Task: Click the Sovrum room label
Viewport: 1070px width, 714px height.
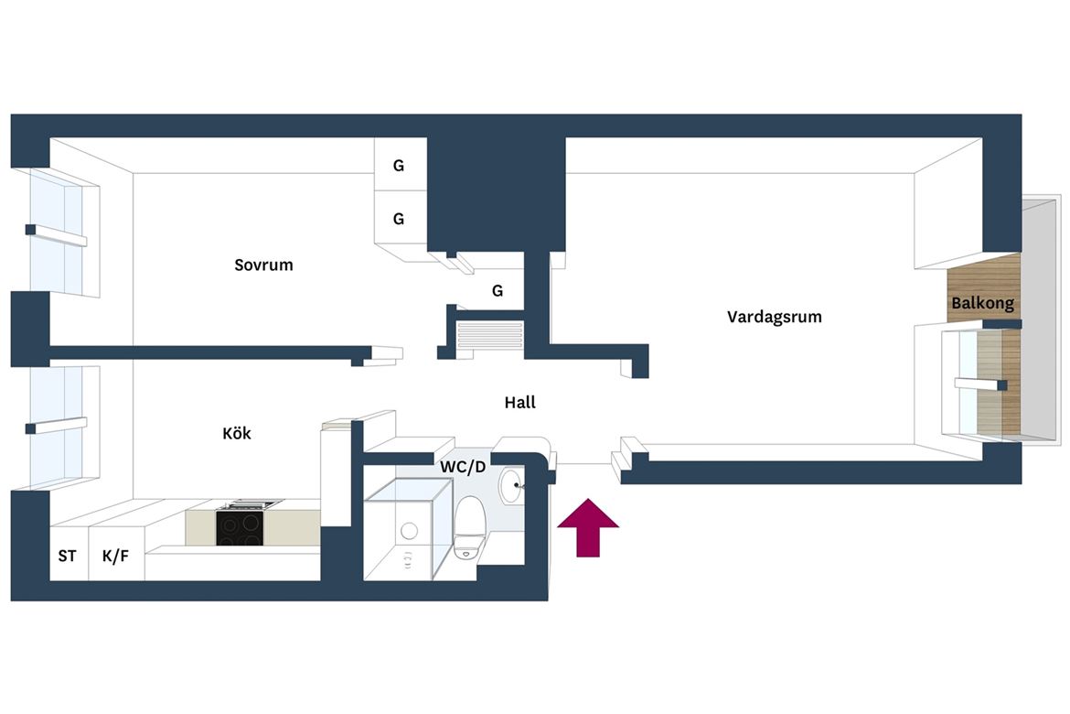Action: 263,265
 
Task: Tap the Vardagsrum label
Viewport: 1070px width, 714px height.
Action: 774,317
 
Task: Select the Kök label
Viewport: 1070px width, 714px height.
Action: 237,433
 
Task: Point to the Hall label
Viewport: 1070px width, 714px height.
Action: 520,403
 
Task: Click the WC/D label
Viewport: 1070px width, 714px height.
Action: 463,468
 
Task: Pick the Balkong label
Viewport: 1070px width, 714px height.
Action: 982,303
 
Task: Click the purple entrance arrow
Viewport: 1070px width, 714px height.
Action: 588,527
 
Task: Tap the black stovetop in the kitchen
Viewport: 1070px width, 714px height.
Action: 240,527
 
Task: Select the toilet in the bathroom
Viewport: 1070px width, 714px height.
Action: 469,527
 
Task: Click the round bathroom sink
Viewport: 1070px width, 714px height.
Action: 512,485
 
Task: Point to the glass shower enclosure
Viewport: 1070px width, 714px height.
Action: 408,529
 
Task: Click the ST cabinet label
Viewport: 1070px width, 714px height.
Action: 67,557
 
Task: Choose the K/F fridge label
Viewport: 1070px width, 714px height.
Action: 115,557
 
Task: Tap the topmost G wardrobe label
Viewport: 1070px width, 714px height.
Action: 399,166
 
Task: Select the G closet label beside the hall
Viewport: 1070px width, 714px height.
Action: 498,291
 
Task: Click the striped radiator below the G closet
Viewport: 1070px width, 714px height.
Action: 490,338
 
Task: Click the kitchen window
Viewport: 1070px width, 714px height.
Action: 58,427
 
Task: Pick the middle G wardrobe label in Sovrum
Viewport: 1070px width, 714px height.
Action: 399,220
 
